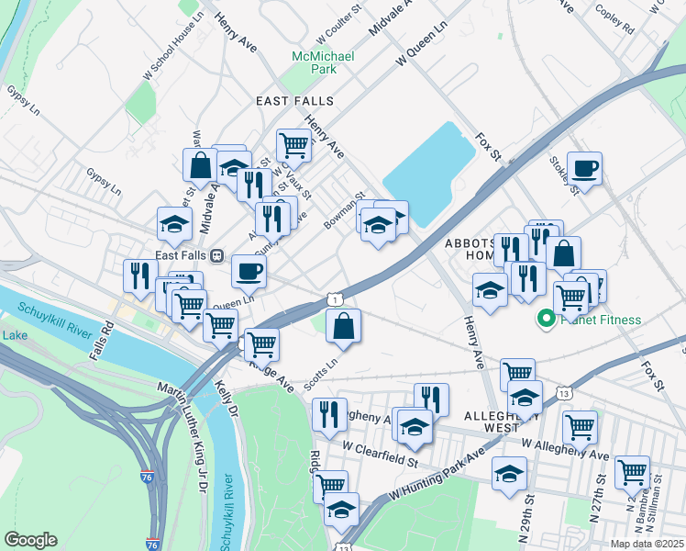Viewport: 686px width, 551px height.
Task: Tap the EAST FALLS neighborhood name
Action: tap(294, 100)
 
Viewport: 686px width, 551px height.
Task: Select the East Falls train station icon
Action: tap(217, 255)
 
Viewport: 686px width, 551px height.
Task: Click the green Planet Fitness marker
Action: tap(544, 320)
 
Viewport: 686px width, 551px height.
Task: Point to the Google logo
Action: tap(30, 540)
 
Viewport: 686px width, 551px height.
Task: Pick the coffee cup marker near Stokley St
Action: tap(584, 168)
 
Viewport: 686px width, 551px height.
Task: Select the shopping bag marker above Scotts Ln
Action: tap(343, 326)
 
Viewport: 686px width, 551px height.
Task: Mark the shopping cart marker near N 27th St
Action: tap(632, 472)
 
